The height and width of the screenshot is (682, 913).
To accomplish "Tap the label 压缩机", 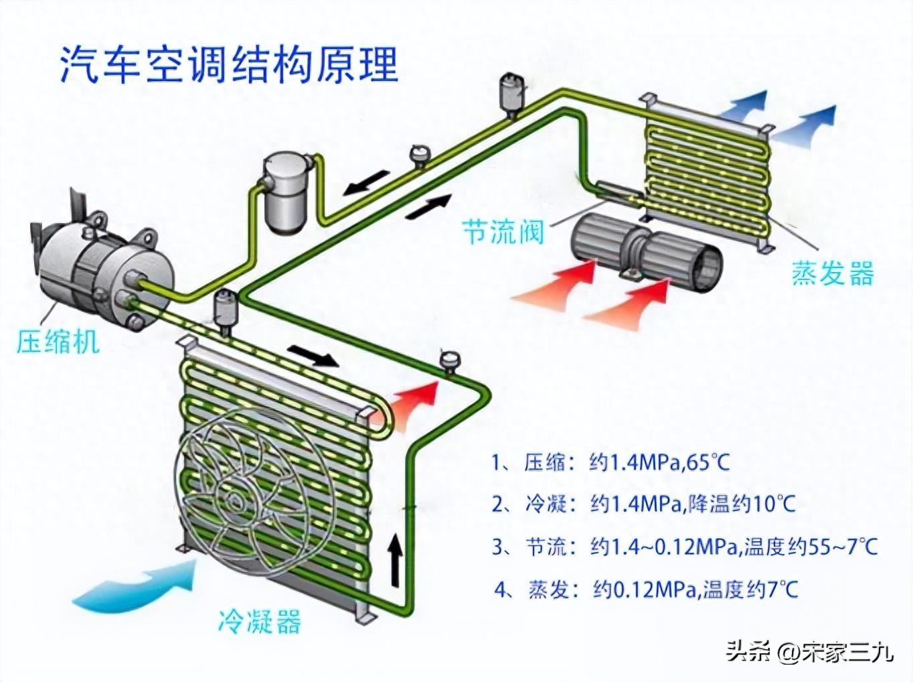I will pyautogui.click(x=58, y=341).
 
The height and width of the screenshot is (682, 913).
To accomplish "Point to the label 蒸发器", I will pyautogui.click(x=833, y=274).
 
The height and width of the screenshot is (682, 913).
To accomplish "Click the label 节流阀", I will pyautogui.click(x=503, y=232).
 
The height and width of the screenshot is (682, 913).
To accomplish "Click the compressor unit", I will pyautogui.click(x=100, y=275).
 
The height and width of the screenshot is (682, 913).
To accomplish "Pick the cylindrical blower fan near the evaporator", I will pyautogui.click(x=647, y=251).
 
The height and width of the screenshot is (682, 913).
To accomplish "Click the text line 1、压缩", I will pyautogui.click(x=609, y=463).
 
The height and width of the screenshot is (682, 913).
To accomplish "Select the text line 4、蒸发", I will pyautogui.click(x=646, y=590).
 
